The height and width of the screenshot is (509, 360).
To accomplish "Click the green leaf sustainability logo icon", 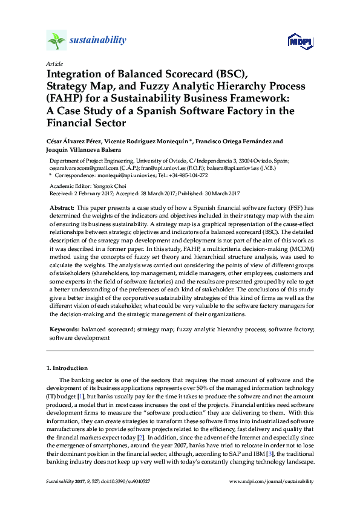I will click(x=56, y=41).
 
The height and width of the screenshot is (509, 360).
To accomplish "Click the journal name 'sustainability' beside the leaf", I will click(x=99, y=41).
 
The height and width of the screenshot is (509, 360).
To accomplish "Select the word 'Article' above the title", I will click(x=54, y=64).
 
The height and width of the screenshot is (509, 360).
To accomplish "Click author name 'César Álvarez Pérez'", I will click(x=75, y=141).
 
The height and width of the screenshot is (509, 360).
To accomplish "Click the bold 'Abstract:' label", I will click(x=62, y=207).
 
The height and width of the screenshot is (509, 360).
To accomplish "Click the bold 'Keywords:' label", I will click(x=64, y=331).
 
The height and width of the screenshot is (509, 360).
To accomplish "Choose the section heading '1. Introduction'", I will click(x=67, y=368).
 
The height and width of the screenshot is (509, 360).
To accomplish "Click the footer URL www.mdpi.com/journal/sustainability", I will click(x=272, y=481).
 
